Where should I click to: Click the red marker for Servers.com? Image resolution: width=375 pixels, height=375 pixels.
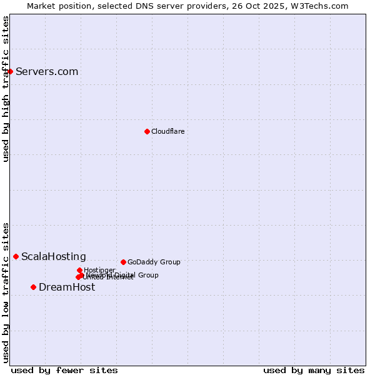(10, 71)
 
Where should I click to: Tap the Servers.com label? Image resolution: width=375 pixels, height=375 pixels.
(47, 71)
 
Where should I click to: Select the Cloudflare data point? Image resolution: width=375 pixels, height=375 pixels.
(147, 131)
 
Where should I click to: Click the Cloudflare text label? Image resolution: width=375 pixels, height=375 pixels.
(167, 131)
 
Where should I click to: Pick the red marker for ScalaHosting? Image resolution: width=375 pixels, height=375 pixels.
(16, 256)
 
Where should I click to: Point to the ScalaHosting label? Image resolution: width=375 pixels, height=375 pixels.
(54, 256)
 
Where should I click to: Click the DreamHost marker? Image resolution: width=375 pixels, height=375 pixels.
(33, 287)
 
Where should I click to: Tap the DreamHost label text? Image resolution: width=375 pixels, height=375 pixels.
(67, 287)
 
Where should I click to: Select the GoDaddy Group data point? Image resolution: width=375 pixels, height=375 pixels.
(123, 262)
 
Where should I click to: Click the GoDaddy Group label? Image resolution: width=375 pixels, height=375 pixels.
(154, 262)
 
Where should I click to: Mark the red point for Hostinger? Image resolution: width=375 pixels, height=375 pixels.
(79, 270)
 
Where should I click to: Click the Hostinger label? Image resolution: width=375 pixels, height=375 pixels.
(99, 270)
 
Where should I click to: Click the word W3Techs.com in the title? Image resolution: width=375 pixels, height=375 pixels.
(322, 6)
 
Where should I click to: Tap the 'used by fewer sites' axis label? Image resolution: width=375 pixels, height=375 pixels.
(64, 370)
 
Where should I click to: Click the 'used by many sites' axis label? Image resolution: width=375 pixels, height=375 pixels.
(314, 370)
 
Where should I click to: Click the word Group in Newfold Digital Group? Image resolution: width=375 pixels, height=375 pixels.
(148, 275)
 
